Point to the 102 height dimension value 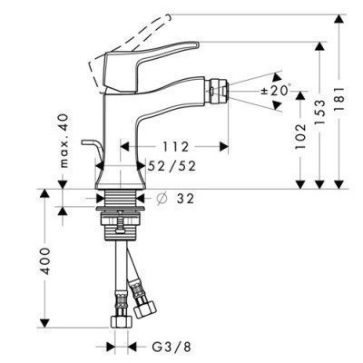click(299, 136)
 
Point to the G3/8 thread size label click(170, 346)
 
